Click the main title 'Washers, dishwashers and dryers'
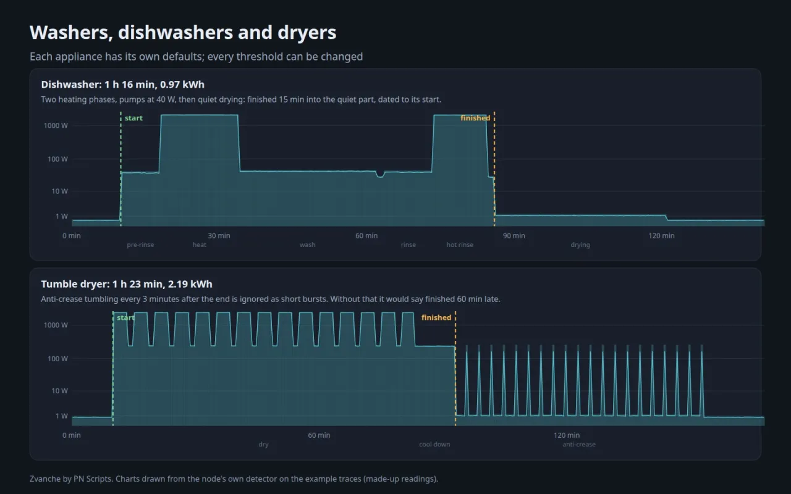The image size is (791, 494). coord(183,33)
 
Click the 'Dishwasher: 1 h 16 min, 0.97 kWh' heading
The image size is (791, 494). coord(122,85)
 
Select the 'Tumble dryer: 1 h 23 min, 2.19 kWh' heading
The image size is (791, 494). coord(127,284)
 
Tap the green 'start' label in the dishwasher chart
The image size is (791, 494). coord(133,118)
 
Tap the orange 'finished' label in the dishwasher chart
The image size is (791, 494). coord(475,118)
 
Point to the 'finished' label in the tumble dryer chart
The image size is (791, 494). coord(436,317)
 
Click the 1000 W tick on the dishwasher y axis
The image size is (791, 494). coord(56,125)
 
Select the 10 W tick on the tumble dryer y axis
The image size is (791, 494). coord(60,391)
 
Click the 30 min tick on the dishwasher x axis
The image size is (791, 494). coord(219,236)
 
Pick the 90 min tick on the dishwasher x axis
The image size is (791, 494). coord(514,236)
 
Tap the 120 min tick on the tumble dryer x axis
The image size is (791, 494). coord(567,435)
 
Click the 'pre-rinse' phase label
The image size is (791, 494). coord(140,245)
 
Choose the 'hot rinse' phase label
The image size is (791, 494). coord(460,245)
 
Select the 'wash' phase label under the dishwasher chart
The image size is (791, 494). coord(308,245)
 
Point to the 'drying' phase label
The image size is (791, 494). coord(580,245)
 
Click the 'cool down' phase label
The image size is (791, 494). coord(434,444)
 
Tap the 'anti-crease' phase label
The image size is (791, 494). coord(579,444)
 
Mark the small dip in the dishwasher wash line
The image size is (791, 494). coord(380,174)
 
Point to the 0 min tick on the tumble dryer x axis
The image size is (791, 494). coord(72,435)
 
